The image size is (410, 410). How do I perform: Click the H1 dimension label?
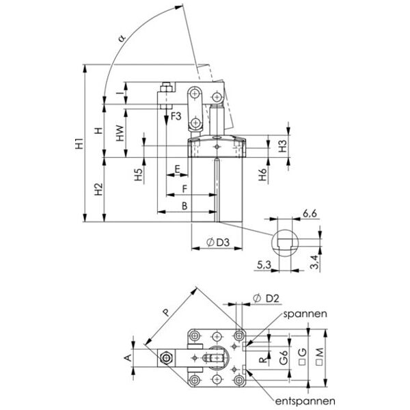pyautogui.click(x=79, y=143)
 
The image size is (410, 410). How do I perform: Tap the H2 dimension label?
pyautogui.click(x=98, y=189)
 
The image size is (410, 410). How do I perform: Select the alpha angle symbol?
pyautogui.click(x=122, y=38)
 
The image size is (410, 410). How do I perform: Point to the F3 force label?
pyautogui.click(x=176, y=116)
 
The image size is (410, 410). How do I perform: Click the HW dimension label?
pyautogui.click(x=120, y=133)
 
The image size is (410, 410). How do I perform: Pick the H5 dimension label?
pyautogui.click(x=138, y=174)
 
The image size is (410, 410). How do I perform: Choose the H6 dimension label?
pyautogui.click(x=262, y=174)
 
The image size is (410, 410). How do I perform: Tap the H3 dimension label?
pyautogui.click(x=283, y=146)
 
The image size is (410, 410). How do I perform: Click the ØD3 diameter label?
pyautogui.click(x=218, y=243)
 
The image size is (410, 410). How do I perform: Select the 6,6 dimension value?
pyautogui.click(x=310, y=214)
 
